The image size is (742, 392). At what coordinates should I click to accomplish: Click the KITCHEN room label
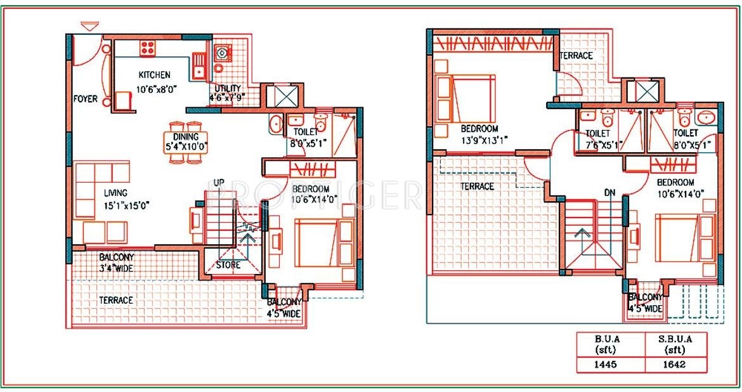(154, 75)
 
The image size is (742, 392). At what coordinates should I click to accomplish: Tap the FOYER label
(86, 99)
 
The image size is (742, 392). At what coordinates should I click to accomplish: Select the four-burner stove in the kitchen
(148, 47)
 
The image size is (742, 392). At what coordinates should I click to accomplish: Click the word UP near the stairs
(219, 183)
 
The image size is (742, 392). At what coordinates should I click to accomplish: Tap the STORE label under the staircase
(228, 265)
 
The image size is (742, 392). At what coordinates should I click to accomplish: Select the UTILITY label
(226, 88)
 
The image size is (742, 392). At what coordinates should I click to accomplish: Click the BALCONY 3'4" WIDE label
(116, 263)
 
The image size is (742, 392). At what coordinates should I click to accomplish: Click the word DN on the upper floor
(610, 192)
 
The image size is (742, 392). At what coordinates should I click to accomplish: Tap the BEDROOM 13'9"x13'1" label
(479, 133)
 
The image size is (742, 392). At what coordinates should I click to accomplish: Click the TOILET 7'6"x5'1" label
(598, 139)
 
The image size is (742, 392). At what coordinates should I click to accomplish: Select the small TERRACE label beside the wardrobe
(576, 56)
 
